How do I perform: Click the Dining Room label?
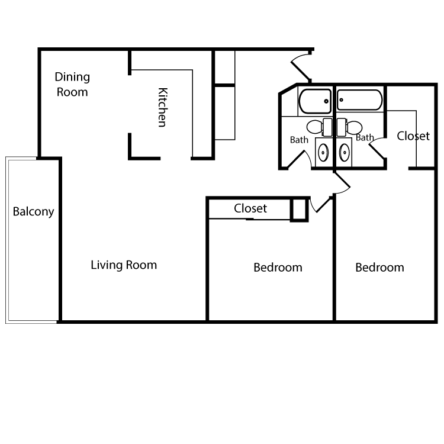pyautogui.click(x=72, y=84)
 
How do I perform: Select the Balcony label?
pyautogui.click(x=33, y=211)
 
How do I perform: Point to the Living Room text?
pyautogui.click(x=124, y=265)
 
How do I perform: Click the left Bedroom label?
pyautogui.click(x=278, y=268)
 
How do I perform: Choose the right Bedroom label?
pyautogui.click(x=379, y=268)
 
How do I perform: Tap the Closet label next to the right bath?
pyautogui.click(x=413, y=136)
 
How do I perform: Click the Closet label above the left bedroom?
pyautogui.click(x=250, y=208)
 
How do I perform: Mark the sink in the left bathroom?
pyautogui.click(x=323, y=152)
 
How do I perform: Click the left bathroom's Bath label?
pyautogui.click(x=299, y=140)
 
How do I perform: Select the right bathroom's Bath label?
pyautogui.click(x=365, y=138)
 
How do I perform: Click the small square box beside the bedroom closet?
pyautogui.click(x=300, y=210)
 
